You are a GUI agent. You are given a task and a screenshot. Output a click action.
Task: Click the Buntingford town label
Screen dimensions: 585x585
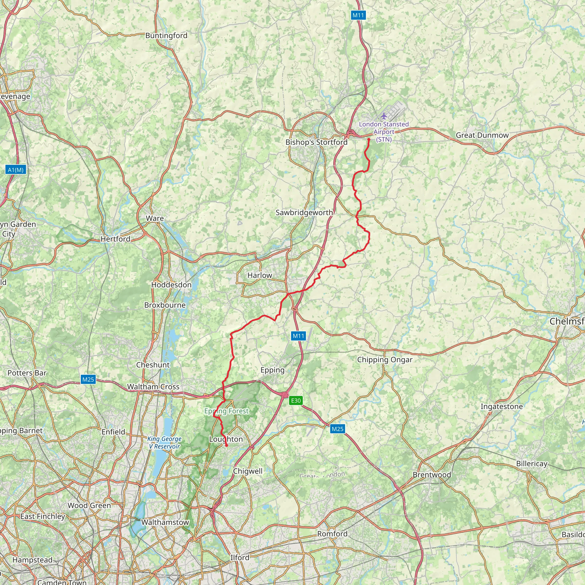166,36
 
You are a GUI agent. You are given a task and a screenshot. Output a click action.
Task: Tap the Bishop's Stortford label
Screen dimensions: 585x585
316,142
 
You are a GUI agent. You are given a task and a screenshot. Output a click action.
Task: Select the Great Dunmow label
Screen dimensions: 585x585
482,135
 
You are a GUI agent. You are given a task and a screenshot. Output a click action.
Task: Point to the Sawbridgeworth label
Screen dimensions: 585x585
304,213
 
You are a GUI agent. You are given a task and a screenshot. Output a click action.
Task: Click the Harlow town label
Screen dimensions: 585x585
260,275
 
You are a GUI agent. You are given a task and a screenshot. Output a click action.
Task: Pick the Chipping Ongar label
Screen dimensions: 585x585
384,360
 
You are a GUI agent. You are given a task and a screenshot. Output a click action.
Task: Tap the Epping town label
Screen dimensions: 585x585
273,370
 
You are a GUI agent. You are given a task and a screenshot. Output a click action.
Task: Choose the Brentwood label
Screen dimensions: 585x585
432,474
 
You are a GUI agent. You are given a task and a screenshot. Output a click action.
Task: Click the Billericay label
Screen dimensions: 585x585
532,464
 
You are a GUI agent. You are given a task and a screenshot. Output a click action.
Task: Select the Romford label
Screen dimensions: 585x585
332,534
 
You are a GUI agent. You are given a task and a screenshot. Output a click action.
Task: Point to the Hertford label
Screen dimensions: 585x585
115,239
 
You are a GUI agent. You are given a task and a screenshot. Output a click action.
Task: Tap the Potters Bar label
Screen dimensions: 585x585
27,373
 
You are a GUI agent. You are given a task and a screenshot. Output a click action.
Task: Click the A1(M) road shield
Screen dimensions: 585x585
16,170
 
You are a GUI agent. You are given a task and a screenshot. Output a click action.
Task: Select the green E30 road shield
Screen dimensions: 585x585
296,400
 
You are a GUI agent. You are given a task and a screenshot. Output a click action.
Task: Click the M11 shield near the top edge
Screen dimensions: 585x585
358,15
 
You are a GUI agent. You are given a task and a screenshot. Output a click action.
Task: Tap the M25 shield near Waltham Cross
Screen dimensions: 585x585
88,379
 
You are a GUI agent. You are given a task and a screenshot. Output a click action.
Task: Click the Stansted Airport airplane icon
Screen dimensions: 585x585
384,116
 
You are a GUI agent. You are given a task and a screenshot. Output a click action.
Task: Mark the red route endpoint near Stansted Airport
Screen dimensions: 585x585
369,139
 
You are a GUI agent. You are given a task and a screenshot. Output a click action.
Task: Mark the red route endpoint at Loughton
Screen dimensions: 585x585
227,445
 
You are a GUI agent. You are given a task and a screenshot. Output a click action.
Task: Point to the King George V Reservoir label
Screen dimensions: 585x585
165,442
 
